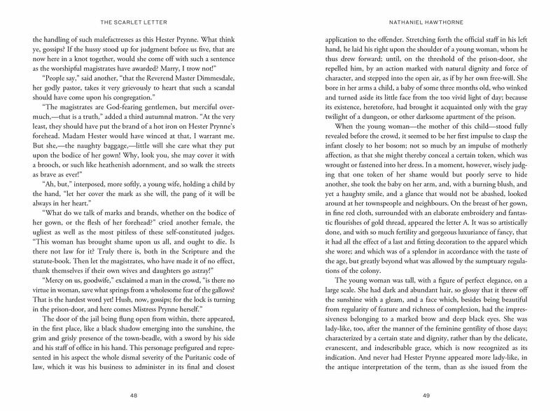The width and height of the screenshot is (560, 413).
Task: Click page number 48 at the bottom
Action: pos(134,395)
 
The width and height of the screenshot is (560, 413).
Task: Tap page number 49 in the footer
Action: pos(425,395)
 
